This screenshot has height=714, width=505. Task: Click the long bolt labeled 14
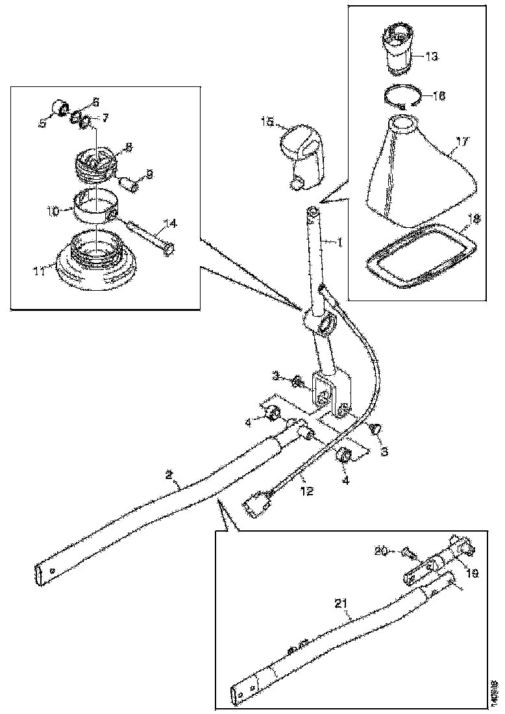coord(153,236)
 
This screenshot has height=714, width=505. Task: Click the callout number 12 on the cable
coord(306,491)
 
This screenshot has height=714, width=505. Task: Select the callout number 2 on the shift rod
coord(169,474)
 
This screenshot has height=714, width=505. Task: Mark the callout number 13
coord(432,56)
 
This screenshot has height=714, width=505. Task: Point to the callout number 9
coord(149,174)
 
